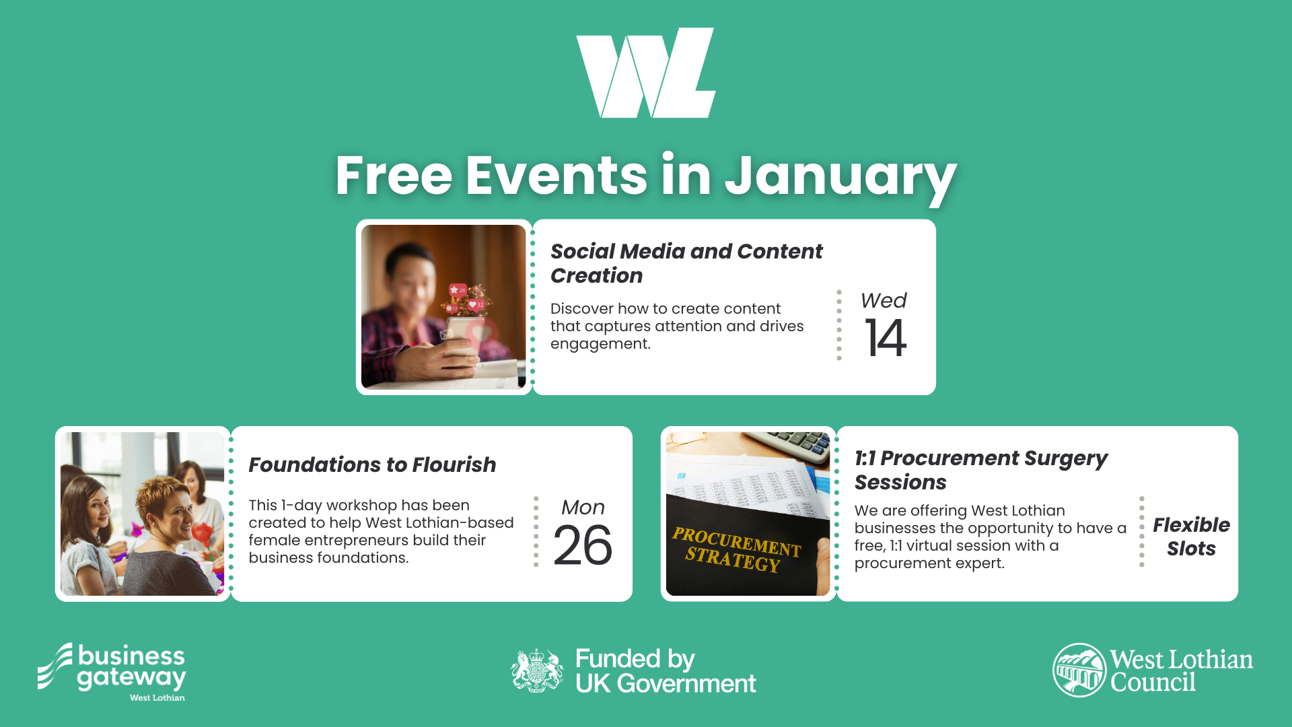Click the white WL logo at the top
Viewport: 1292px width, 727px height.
(646, 73)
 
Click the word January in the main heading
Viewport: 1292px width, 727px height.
(840, 176)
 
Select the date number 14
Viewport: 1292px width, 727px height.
(886, 338)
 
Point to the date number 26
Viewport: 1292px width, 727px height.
(583, 545)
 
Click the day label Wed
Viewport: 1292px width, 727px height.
(884, 300)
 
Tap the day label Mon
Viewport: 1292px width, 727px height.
(583, 507)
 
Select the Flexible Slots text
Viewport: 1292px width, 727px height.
(1191, 536)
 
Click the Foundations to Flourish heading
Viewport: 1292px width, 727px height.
(372, 464)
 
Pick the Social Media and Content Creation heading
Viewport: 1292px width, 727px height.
(686, 263)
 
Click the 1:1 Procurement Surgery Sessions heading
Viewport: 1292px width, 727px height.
(980, 470)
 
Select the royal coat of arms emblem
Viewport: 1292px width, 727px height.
(536, 670)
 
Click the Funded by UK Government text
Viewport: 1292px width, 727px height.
(665, 671)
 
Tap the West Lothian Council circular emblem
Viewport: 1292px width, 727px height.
(1079, 670)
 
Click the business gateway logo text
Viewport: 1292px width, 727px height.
(131, 666)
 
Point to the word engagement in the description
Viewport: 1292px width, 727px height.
(600, 344)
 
